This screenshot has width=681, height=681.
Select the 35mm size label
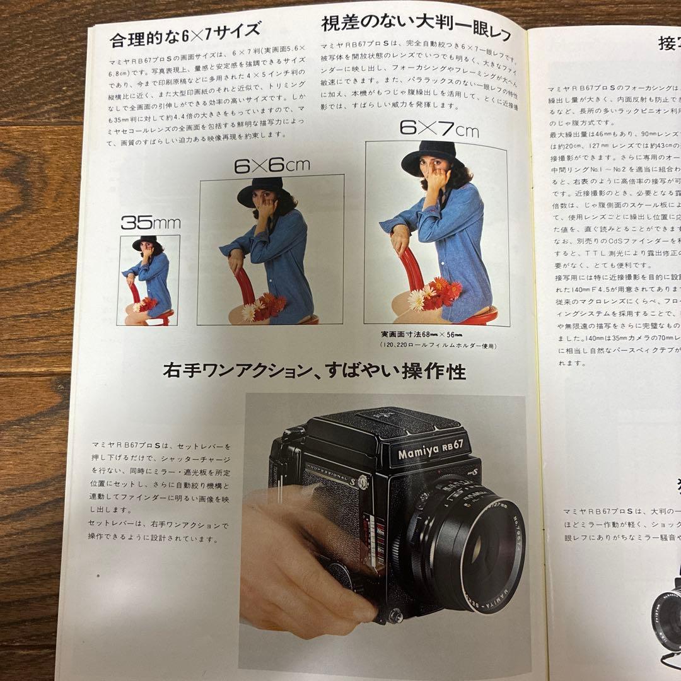click(x=150, y=222)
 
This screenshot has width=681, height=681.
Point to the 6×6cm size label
click(x=272, y=165)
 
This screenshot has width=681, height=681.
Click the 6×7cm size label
click(x=439, y=129)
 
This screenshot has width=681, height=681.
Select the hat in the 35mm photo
click(x=145, y=242)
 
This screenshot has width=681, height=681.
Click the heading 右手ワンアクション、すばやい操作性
click(x=313, y=371)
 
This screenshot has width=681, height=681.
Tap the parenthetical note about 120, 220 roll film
click(x=438, y=346)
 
